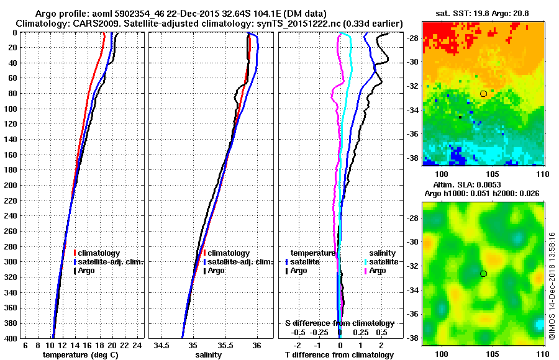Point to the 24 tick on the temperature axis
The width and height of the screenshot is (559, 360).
coord(138,345)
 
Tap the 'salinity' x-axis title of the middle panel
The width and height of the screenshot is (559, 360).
coord(207,354)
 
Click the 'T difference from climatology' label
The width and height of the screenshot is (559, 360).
coord(339,354)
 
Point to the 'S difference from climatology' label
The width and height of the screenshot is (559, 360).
coord(339,323)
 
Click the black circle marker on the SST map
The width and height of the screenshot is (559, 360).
coord(483,94)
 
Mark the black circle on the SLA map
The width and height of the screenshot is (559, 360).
coord(483,274)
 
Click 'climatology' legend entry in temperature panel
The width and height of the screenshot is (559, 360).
coord(99,253)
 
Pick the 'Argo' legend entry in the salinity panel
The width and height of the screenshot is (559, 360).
coord(216,271)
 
